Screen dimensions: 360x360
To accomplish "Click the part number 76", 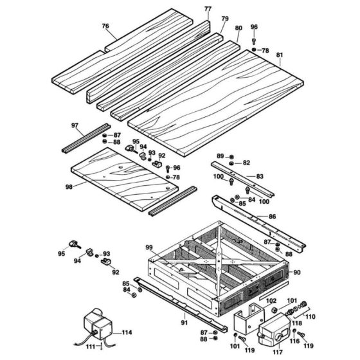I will [x=105, y=26].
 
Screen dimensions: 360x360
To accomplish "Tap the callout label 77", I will [x=207, y=9].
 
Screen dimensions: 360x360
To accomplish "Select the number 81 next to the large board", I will [x=279, y=55].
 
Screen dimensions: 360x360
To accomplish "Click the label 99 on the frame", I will [x=149, y=247].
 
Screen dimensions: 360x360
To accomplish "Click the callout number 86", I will [x=273, y=217].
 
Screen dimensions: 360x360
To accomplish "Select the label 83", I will [x=278, y=175].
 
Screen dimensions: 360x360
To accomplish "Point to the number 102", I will [x=253, y=300].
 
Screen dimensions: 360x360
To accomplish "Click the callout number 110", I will [x=310, y=317].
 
